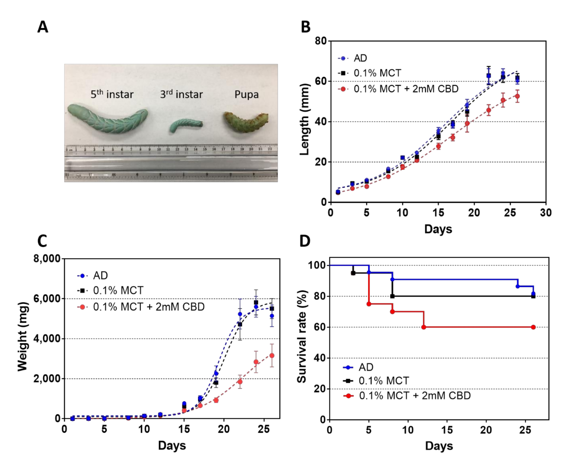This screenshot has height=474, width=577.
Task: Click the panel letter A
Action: point(43,27)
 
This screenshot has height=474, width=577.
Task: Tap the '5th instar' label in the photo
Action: point(112,94)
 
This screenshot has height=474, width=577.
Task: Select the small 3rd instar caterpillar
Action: point(186,125)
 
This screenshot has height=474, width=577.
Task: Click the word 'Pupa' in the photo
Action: point(246,94)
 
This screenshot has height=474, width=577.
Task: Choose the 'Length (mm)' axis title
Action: point(305,119)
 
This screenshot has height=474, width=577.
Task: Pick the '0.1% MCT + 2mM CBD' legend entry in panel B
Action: point(406,89)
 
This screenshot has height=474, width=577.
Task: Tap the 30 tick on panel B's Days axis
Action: point(546,213)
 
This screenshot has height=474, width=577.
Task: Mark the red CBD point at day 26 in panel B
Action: point(517,96)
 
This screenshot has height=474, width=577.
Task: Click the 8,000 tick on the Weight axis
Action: point(47,258)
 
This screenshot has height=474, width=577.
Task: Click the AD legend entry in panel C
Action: point(100,276)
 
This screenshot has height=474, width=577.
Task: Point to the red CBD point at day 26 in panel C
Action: point(272,356)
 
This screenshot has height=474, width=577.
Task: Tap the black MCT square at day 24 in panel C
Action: point(256,303)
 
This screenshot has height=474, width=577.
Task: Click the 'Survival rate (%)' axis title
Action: point(302,337)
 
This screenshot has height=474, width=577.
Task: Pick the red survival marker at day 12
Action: point(424,327)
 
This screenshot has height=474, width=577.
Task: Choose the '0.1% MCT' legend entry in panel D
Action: point(383,381)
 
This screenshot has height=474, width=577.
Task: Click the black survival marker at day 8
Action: point(392,296)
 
